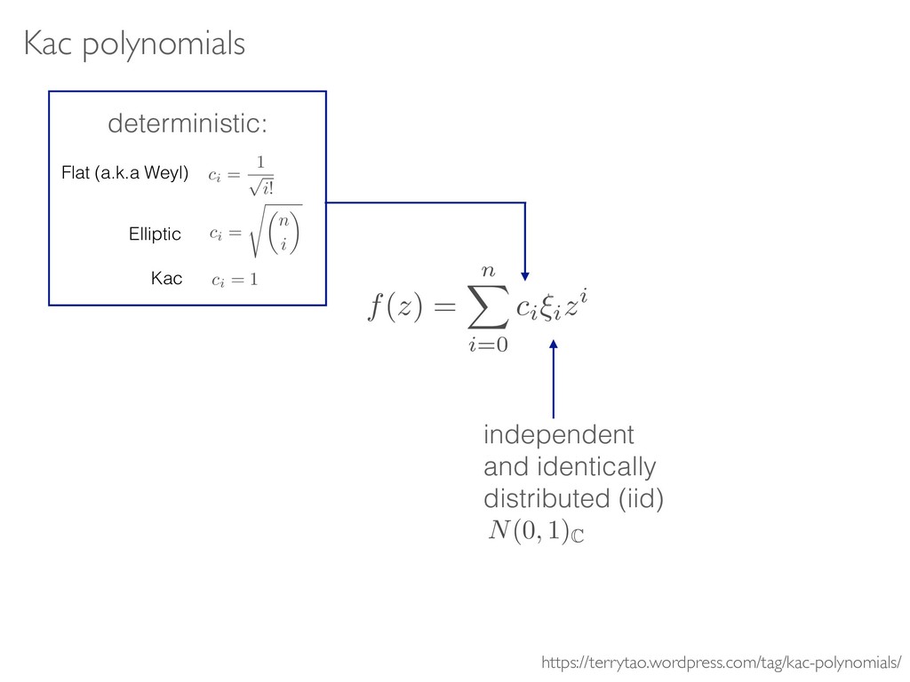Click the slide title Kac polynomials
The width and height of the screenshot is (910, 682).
(133, 44)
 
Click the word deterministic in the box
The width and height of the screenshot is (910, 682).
(187, 125)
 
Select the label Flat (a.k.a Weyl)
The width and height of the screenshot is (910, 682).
(125, 173)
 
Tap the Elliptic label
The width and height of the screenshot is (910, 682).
(155, 234)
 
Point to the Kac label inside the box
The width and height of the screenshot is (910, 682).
(165, 280)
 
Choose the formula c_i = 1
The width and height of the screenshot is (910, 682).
(235, 281)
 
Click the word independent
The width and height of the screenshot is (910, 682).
(559, 436)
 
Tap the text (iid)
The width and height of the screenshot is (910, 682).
(635, 496)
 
